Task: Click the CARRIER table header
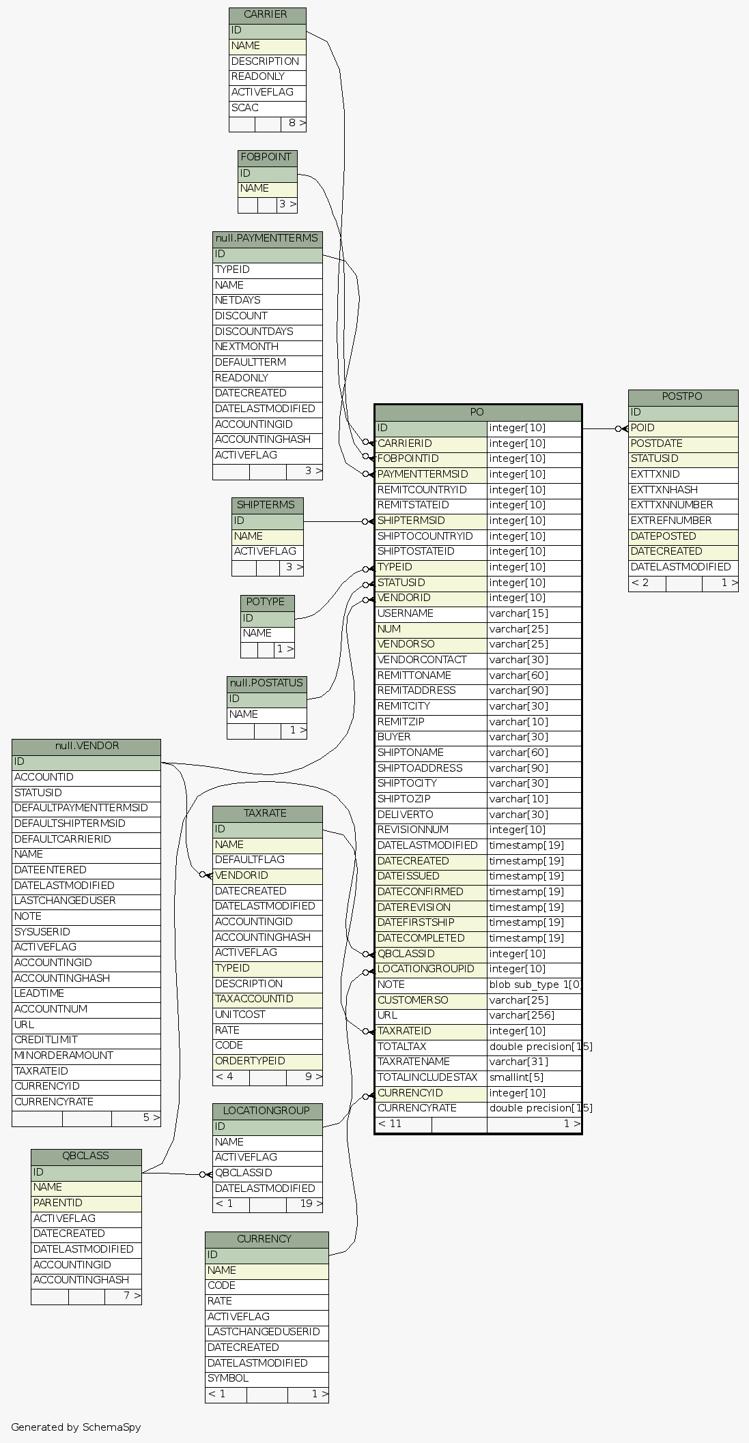point(267,15)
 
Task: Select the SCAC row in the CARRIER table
point(267,108)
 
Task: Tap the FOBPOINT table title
point(267,158)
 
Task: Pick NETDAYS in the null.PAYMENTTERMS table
point(267,301)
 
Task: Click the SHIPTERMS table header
point(267,506)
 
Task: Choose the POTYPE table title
point(267,602)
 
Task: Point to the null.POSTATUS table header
point(266,684)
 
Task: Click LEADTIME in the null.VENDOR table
point(86,994)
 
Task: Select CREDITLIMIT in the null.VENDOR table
point(86,1040)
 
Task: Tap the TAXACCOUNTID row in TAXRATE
point(267,1000)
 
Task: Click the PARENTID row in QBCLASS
point(86,1204)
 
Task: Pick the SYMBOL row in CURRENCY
point(266,1379)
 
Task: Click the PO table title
point(477,413)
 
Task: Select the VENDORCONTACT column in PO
point(431,660)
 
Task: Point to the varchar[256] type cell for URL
point(534,1016)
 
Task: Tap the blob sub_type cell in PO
point(534,985)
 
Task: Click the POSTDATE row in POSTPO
point(683,444)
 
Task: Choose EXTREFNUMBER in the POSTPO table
point(683,521)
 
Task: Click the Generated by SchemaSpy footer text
point(76,1427)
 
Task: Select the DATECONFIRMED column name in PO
point(431,892)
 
